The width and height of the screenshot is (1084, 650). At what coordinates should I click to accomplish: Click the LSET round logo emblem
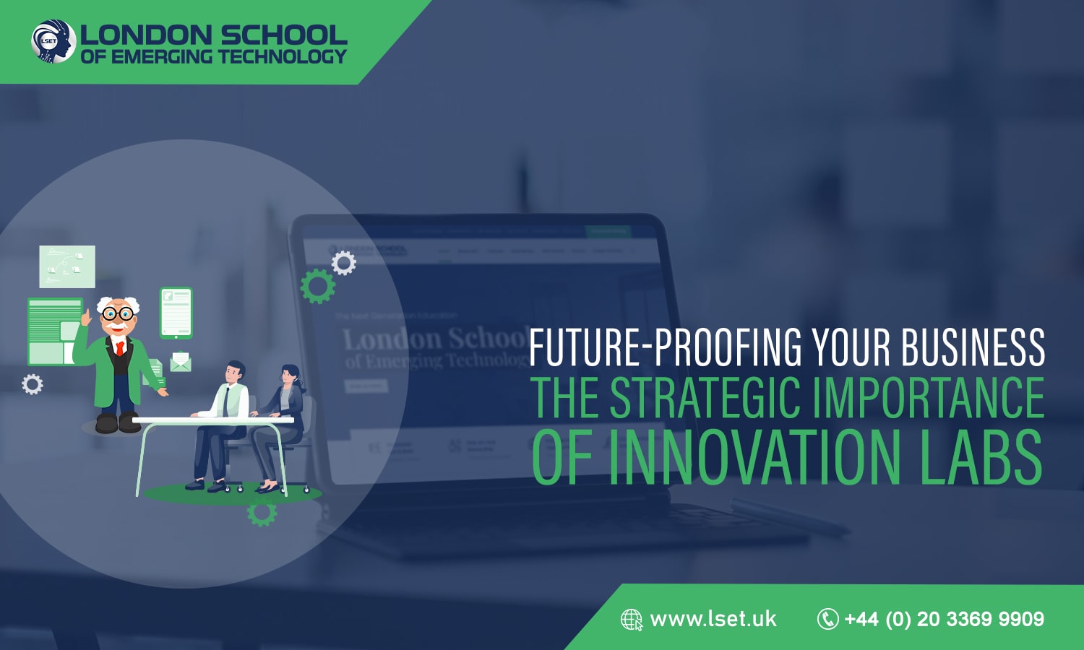(53, 41)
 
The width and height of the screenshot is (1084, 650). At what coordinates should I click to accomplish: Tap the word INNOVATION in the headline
(760, 457)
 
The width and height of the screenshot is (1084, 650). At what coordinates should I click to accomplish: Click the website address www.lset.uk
(713, 619)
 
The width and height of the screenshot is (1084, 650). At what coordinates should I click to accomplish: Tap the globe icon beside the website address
(631, 620)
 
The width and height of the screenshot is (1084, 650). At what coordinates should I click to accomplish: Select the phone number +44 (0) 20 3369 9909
(944, 619)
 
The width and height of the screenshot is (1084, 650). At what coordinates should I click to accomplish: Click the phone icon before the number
(827, 619)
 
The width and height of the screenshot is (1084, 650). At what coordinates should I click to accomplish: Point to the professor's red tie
(120, 347)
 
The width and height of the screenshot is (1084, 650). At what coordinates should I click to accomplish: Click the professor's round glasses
(117, 314)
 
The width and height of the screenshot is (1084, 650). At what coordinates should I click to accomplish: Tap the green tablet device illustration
(176, 313)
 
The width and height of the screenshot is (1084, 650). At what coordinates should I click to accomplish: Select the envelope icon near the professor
(180, 361)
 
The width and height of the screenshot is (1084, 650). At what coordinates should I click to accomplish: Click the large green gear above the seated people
(318, 286)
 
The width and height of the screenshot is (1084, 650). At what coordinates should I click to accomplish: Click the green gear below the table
(262, 512)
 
